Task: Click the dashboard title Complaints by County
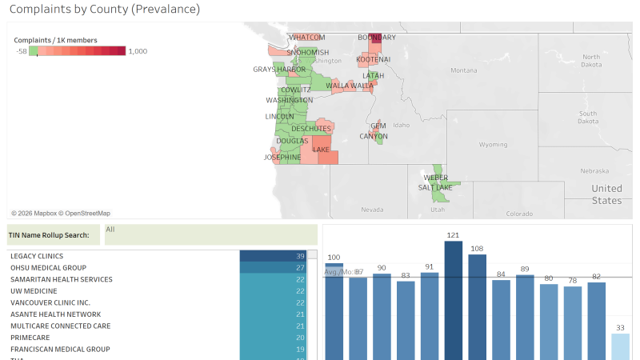coord(104,10)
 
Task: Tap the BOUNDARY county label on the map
coord(376,38)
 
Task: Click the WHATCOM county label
coord(307,38)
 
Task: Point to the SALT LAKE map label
coord(435,187)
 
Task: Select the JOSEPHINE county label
coord(282,158)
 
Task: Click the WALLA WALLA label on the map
coord(350,86)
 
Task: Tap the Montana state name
coord(463,70)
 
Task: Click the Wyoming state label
coord(492,145)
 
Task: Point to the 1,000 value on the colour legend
coord(138,51)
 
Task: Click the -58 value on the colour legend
coord(22,51)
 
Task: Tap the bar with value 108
coord(478,308)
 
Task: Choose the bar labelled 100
coord(334,312)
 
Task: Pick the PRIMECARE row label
coord(30,338)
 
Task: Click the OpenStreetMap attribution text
coord(87,214)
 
